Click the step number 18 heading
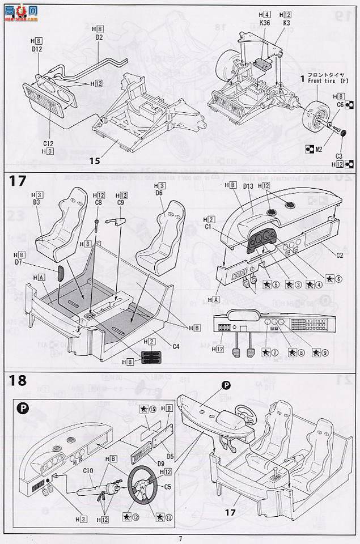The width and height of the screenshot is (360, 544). pos(18,380)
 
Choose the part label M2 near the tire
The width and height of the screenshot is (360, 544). pos(319,150)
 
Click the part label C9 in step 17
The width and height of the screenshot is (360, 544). pos(120,202)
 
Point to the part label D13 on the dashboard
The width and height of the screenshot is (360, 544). pos(247,186)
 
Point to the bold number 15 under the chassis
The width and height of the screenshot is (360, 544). pos(94,161)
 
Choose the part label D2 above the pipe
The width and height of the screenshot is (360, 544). pos(99,37)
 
